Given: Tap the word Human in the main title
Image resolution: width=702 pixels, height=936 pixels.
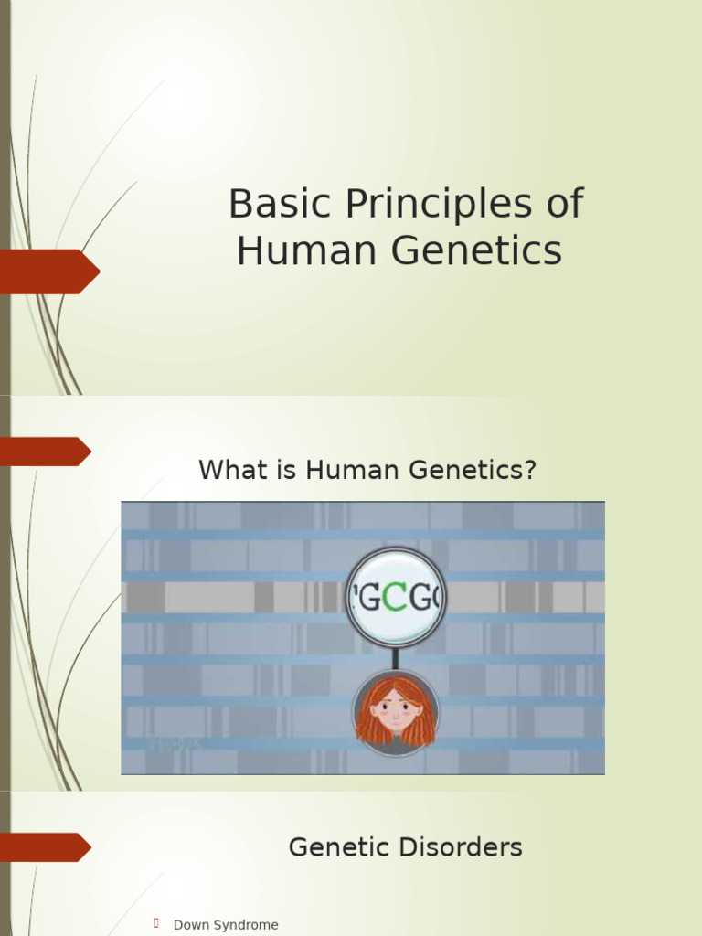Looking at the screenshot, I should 290,251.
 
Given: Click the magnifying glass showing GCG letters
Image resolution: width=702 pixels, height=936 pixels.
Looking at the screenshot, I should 396,597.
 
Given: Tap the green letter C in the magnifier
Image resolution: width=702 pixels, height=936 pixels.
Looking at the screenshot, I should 394,599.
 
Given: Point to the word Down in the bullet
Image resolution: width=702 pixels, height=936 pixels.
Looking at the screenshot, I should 190,925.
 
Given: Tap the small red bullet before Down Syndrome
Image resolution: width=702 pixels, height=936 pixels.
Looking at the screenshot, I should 157,923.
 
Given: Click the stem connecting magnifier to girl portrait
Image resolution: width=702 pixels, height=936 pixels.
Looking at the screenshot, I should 396,658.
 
